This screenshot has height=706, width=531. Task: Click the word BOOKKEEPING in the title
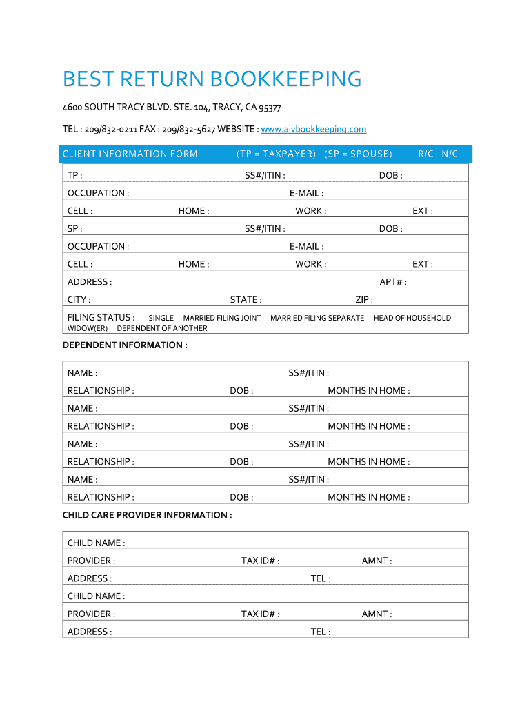pos(285,79)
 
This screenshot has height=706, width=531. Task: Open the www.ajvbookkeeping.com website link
pos(314,129)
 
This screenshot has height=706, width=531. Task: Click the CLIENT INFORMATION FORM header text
pos(130,154)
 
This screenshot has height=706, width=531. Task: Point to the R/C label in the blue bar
pos(426,154)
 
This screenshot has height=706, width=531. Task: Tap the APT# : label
pos(393,282)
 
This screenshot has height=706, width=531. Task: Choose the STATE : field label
pos(246,300)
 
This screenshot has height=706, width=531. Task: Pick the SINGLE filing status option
pos(161,318)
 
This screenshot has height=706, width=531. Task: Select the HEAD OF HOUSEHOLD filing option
pos(412,318)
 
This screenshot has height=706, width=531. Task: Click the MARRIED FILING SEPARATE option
pos(317,318)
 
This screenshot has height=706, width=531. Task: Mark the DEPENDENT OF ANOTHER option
pos(162,328)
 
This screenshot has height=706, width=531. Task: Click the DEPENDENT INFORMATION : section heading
pos(125,345)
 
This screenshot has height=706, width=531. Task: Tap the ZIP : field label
pos(364,300)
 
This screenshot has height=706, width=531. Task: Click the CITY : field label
pos(79,300)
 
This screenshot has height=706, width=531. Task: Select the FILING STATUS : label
pos(101,317)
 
